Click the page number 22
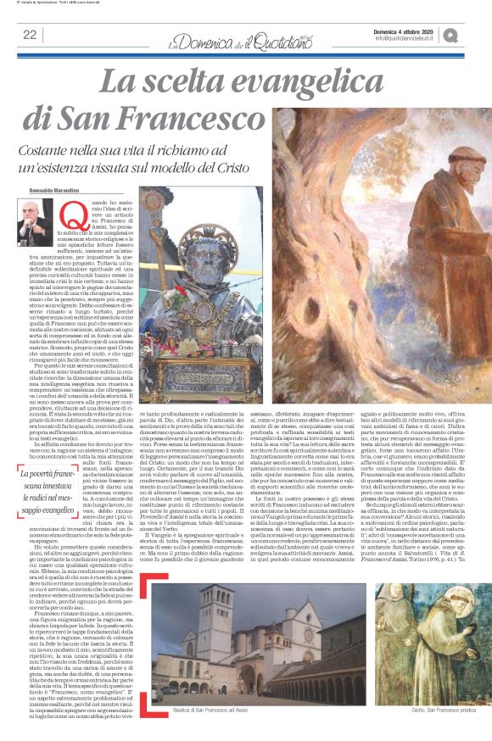point(30,35)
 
